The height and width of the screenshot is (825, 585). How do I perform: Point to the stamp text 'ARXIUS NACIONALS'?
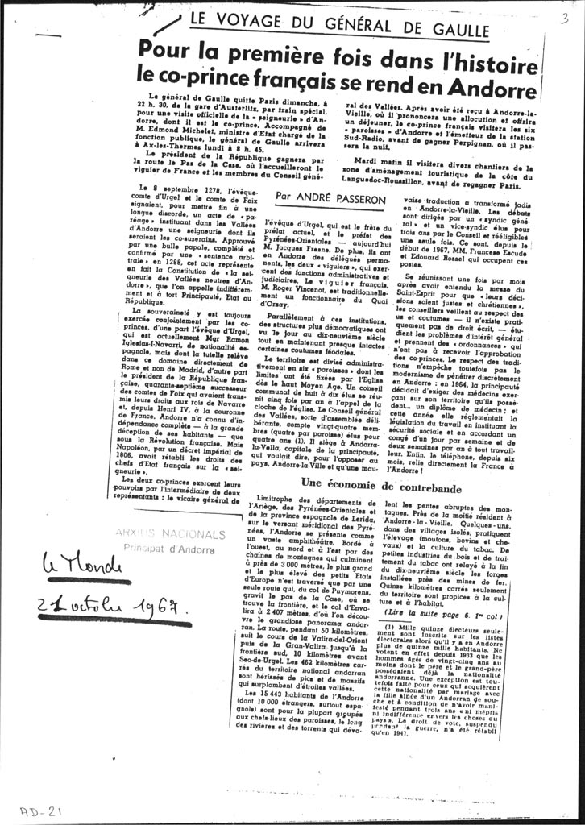(169, 534)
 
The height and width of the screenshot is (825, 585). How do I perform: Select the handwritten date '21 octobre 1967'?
(112, 611)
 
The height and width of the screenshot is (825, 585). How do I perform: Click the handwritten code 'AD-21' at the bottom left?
(40, 811)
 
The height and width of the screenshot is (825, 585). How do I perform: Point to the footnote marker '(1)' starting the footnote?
(390, 627)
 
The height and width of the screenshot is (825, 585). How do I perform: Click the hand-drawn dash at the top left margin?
(48, 36)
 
